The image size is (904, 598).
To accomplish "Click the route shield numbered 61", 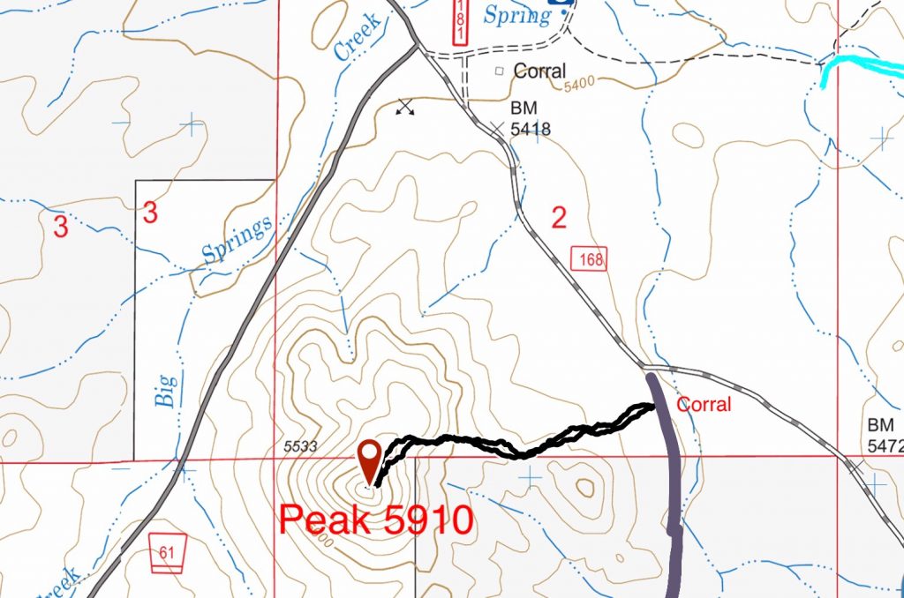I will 166,552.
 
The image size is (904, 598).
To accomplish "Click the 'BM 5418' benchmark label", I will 531,117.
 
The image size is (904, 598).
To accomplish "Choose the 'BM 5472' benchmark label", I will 885,435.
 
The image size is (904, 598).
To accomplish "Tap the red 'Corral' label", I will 704,405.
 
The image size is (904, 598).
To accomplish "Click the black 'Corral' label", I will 539,71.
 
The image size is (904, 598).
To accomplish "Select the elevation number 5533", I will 301,446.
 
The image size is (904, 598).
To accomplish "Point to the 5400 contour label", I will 579,81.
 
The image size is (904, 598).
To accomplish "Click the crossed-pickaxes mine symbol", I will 405,107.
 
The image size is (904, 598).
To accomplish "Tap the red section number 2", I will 558,217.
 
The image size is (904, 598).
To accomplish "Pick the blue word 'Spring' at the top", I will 517,15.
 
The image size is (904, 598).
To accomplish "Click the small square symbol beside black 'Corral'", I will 499,71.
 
